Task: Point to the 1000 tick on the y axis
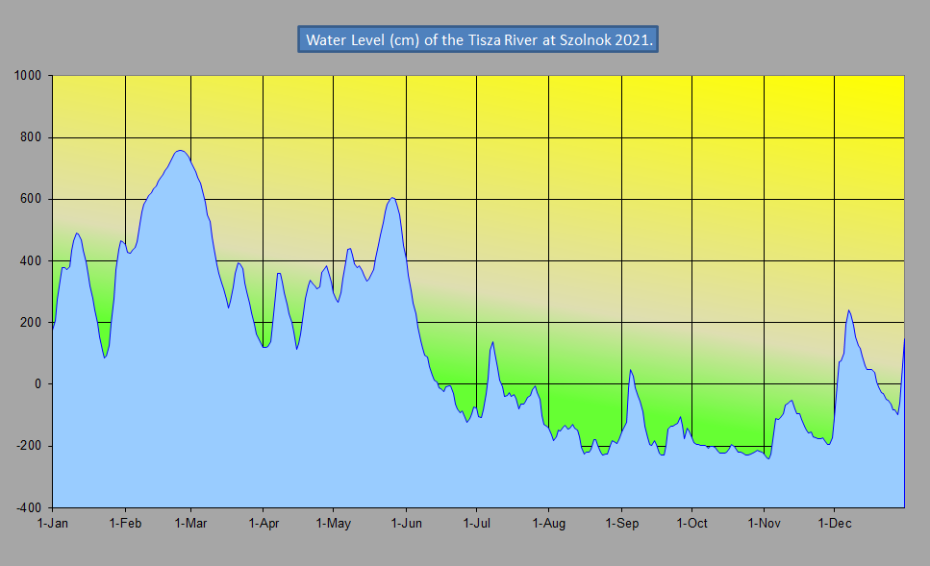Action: [29, 76]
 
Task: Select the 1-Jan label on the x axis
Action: [53, 523]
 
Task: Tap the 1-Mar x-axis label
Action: [191, 523]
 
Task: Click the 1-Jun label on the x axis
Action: [407, 523]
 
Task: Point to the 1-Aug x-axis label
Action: [548, 523]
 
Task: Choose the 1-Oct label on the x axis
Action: [691, 523]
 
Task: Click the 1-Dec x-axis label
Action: [834, 523]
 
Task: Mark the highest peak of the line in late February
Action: [180, 150]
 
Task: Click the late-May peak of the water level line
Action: [391, 198]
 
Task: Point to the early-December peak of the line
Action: [848, 310]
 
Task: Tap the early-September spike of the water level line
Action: [630, 370]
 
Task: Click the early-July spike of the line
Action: [492, 342]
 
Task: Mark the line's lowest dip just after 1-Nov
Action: [768, 458]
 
